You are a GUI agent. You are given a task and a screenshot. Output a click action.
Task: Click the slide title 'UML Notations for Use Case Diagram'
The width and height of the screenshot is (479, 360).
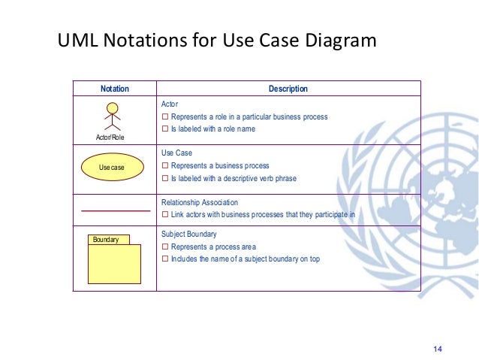point(217,40)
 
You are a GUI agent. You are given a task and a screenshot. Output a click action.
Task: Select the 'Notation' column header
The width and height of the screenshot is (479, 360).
point(115,89)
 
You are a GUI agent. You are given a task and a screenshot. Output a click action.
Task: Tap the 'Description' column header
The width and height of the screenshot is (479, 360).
point(288,89)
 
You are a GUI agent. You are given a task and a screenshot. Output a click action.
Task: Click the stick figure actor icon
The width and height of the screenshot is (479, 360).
point(112,118)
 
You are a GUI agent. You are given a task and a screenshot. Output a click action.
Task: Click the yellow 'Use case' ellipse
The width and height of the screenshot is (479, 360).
point(112,167)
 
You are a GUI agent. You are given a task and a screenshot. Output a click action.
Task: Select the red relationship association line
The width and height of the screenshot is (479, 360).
point(115,211)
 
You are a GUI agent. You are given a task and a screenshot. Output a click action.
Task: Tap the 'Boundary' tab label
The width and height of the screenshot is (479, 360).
point(107,240)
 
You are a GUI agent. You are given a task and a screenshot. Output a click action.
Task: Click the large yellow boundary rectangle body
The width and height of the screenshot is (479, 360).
point(114,264)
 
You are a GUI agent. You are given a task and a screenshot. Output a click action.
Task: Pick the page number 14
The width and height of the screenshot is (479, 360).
point(439,348)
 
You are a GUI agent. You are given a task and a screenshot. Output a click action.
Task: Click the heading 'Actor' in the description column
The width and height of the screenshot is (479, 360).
point(170,104)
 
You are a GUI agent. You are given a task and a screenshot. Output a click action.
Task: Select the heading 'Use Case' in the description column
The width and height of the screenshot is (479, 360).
point(177,153)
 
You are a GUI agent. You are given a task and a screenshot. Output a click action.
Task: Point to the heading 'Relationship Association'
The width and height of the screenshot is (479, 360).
point(200,202)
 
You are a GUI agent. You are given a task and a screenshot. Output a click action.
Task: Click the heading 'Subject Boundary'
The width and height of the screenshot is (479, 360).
point(189,234)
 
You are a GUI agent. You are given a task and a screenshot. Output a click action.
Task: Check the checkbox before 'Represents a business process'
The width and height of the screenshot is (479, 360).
point(165,166)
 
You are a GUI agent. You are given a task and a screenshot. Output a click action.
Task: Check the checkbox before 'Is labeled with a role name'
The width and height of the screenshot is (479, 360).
point(165,129)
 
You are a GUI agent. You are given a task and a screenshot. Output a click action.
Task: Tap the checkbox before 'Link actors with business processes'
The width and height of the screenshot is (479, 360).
point(165,215)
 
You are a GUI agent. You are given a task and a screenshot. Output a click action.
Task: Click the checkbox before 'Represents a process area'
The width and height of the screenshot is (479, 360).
point(165,247)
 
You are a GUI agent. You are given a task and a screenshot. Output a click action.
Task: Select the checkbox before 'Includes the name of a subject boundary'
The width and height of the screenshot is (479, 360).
point(165,259)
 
